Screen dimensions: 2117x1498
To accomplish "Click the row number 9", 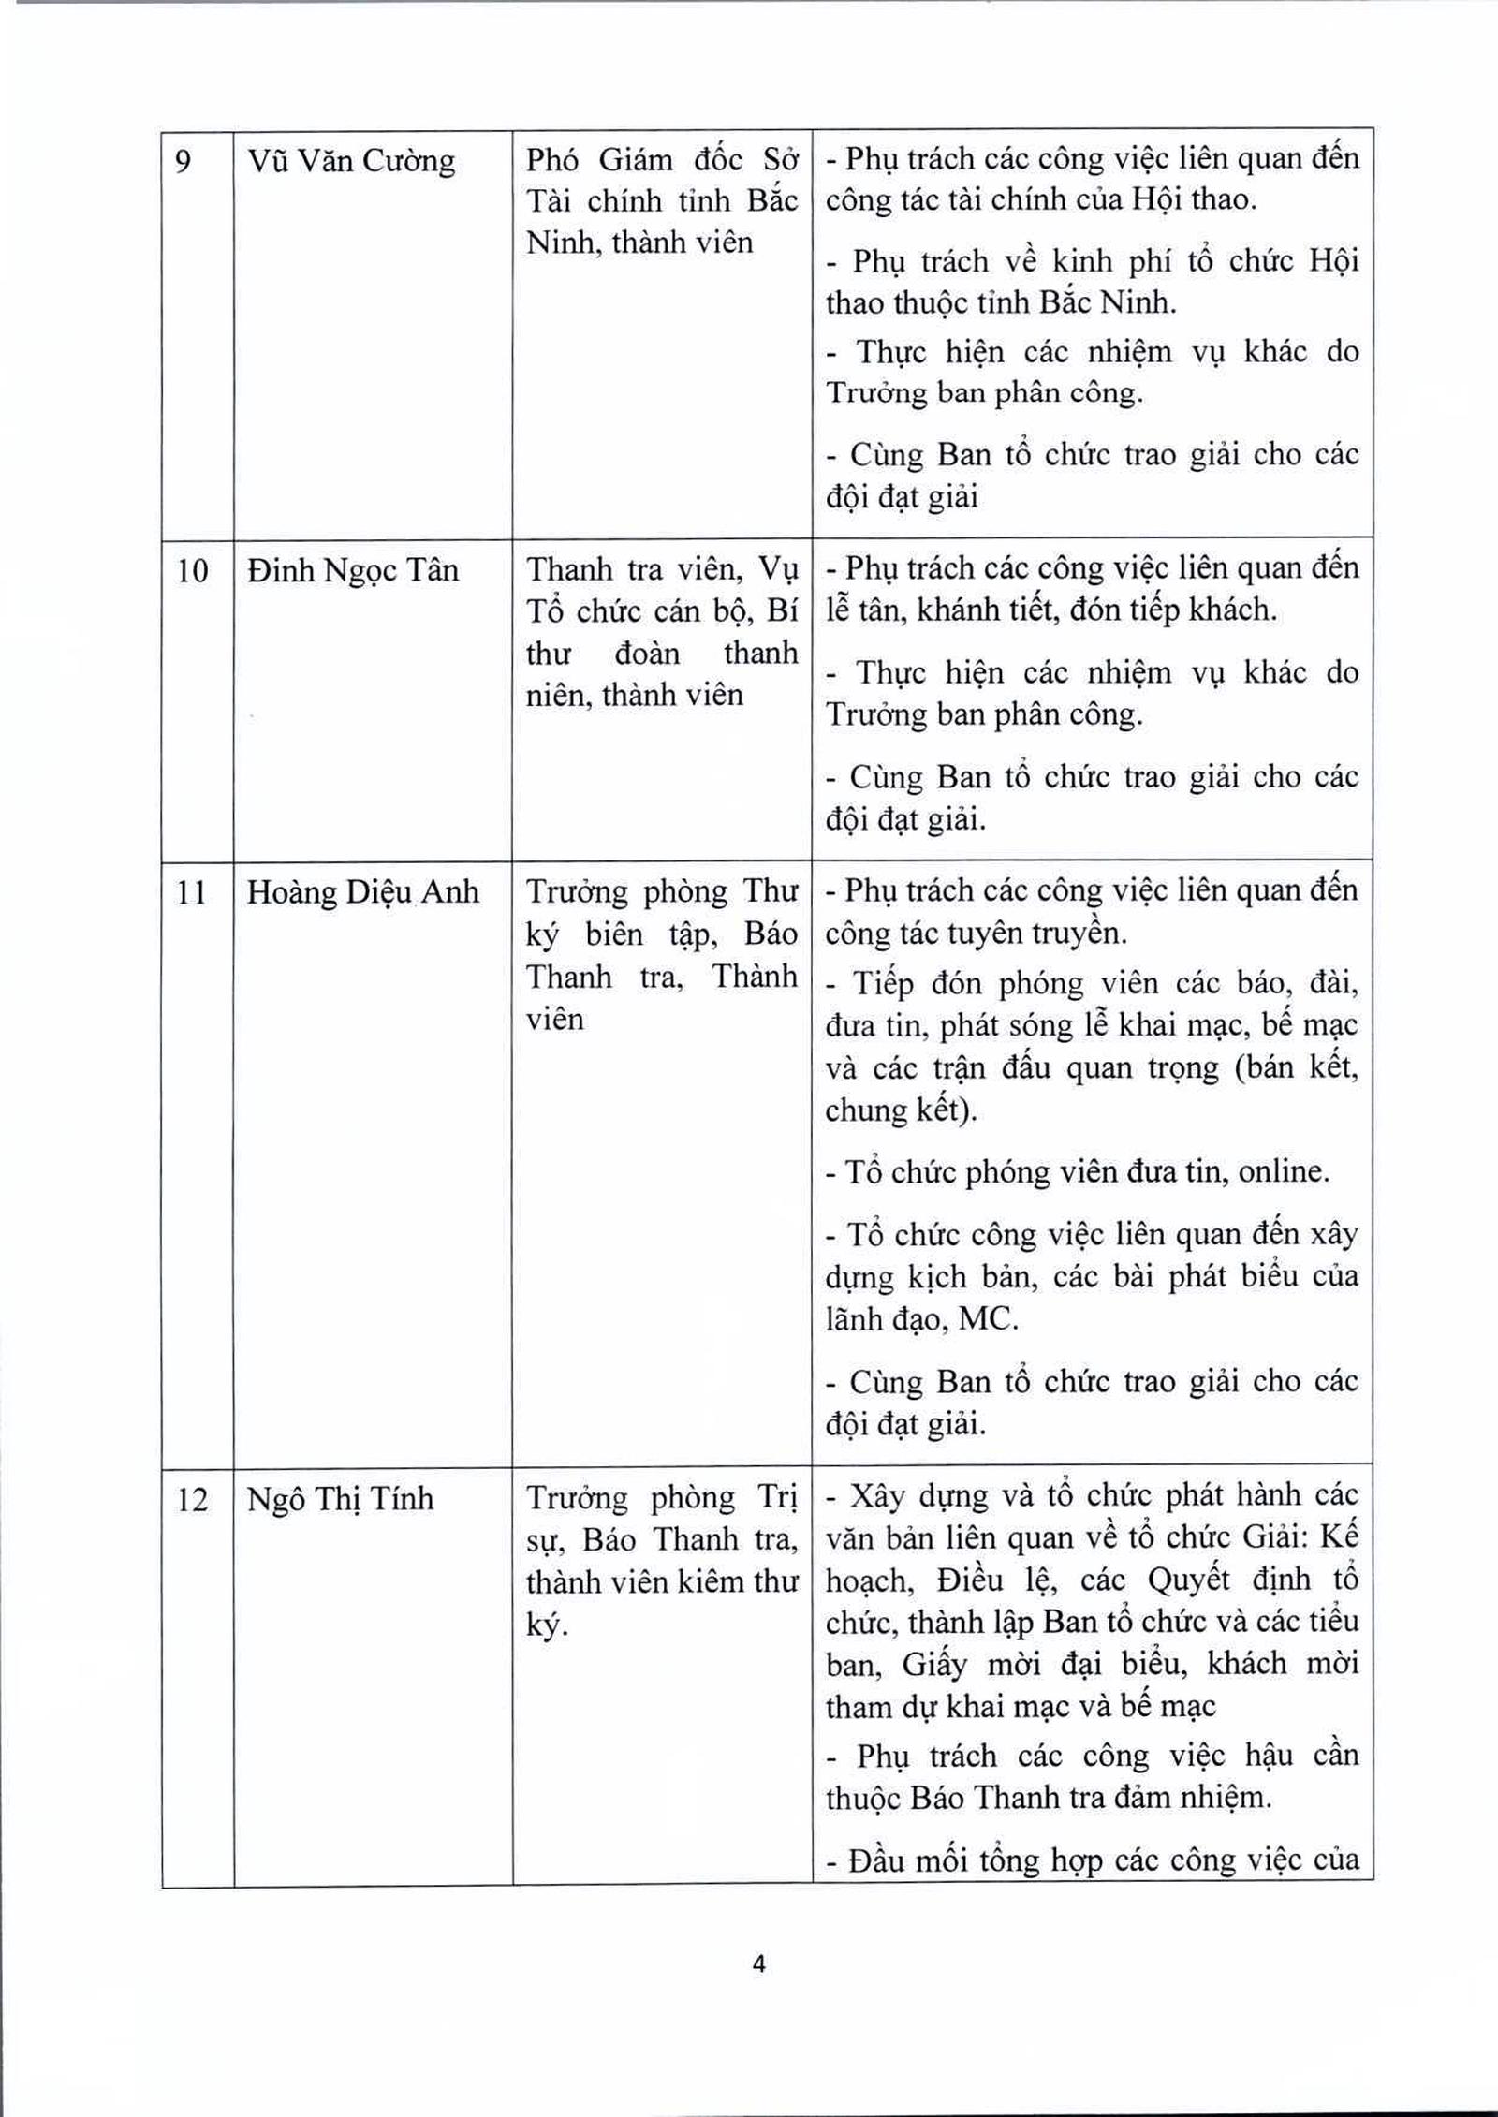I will tap(184, 161).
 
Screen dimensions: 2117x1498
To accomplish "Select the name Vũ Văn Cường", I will tap(351, 161).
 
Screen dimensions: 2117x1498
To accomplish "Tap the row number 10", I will tap(192, 570).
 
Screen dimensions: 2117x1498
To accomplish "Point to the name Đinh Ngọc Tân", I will tap(353, 570).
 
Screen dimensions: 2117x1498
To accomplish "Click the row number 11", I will tap(192, 892).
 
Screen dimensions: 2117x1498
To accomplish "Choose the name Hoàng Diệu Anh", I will tap(362, 892).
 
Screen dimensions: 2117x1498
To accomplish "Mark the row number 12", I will tap(192, 1500).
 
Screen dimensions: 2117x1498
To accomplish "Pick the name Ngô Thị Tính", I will tap(340, 1500).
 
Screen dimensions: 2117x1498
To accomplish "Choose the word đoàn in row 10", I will tap(647, 653).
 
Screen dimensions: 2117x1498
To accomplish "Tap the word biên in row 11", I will tap(614, 934).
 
